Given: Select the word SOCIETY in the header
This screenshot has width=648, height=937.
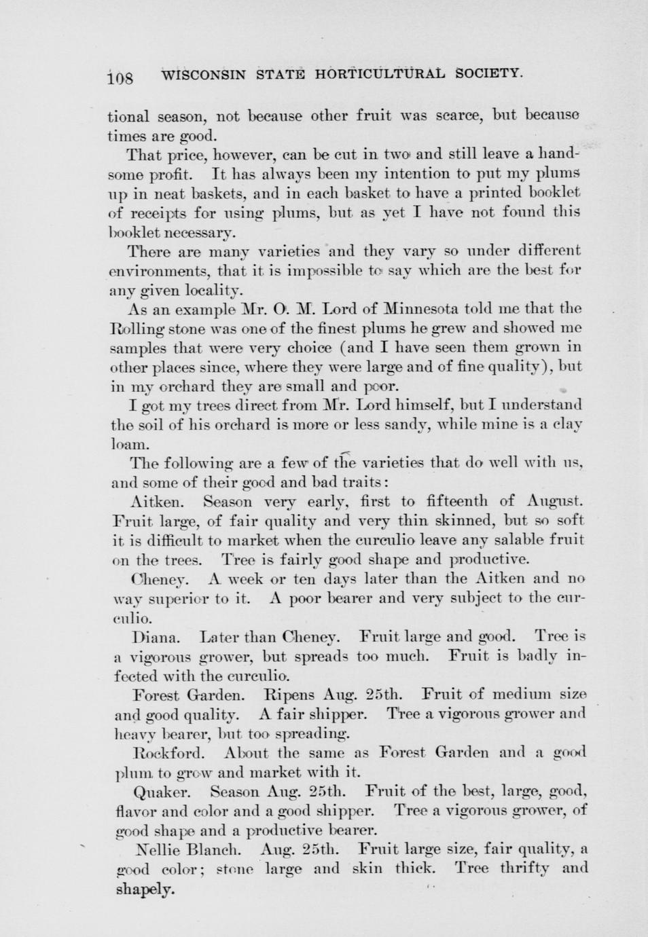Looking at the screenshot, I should [x=488, y=72].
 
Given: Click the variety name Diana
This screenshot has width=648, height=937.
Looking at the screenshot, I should [x=156, y=638].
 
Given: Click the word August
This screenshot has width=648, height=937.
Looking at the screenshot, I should [x=555, y=502].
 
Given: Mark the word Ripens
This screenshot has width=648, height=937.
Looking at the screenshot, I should [x=289, y=695].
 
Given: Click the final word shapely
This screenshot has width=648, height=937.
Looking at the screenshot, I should [x=145, y=889].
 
